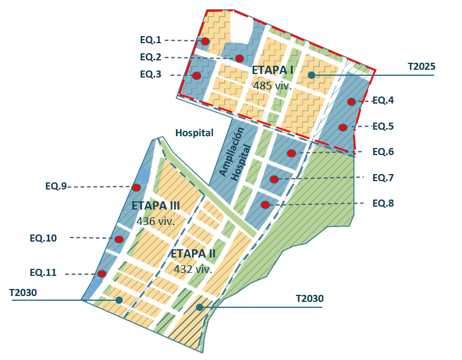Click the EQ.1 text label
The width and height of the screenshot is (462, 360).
tap(150, 40)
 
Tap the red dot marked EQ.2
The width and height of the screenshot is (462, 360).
tap(239, 58)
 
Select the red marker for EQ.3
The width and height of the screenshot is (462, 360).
tap(197, 76)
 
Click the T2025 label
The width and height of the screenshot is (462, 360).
tap(421, 67)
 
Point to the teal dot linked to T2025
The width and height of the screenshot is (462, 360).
tap(311, 75)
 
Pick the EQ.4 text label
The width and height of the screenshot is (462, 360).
tap(383, 101)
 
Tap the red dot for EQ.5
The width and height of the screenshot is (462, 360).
tap(343, 127)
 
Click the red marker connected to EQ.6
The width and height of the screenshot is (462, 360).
tap(291, 153)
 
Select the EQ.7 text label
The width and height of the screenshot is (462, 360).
tap(383, 178)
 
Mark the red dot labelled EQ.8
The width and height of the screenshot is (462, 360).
tap(265, 205)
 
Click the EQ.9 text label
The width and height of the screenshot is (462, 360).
tap(56, 186)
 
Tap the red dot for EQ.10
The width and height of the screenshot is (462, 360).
tap(119, 239)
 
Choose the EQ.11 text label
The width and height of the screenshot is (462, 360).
tap(43, 273)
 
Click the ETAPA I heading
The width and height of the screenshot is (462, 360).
tap(272, 70)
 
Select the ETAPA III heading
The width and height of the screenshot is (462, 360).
tap(156, 206)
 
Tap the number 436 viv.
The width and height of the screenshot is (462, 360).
tap(155, 221)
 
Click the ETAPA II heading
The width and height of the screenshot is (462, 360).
tap(193, 254)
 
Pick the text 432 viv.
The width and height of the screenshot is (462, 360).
tap(192, 269)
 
